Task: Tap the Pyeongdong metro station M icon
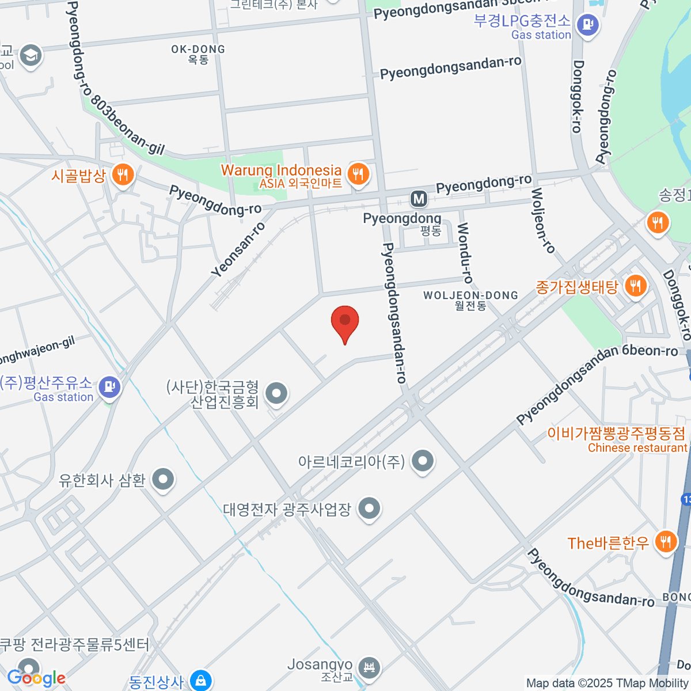coord(419,199)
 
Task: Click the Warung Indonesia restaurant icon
coord(358,173)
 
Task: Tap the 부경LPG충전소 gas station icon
coord(587,25)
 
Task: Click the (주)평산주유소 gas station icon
coord(109,386)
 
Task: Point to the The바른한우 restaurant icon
coord(665,541)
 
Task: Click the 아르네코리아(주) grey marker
coord(423,461)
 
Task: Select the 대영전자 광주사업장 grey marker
coord(369,508)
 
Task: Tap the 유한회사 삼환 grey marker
coord(163,479)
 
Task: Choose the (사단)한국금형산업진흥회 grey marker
coord(276,394)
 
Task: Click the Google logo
coord(36,678)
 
